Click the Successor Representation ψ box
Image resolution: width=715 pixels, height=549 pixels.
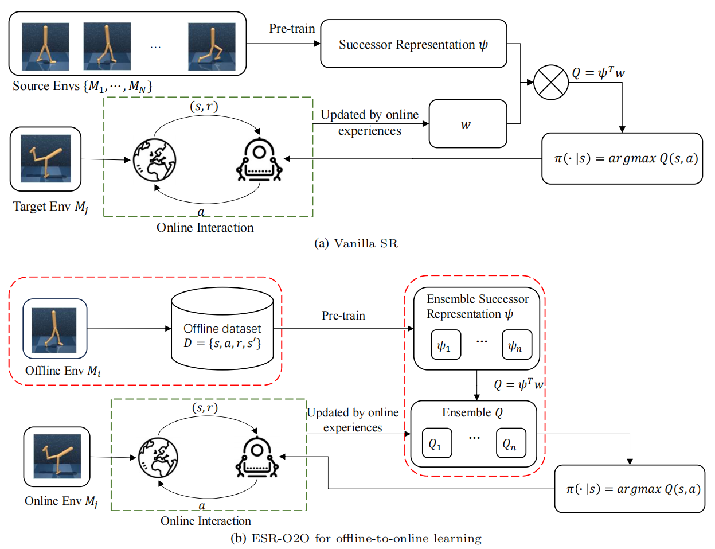[413, 44]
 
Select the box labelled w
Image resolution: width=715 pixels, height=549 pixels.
[468, 124]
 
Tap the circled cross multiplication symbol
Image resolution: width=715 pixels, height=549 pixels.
[550, 82]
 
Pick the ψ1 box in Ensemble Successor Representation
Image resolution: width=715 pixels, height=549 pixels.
[445, 345]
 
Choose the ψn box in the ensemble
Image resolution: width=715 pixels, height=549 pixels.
[516, 345]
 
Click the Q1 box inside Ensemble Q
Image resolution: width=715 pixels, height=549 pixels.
[436, 443]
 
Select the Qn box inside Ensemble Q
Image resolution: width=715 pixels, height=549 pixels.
[510, 443]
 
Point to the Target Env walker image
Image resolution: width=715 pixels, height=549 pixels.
[45, 159]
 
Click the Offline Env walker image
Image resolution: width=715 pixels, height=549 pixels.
[54, 329]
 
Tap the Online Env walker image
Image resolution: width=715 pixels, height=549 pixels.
[57, 457]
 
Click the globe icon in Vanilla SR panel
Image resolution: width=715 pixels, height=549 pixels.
[154, 159]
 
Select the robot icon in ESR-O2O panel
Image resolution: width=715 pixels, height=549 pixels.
[257, 458]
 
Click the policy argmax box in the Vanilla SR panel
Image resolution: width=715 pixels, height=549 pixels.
[622, 158]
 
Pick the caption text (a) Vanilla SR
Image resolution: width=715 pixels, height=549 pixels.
[355, 243]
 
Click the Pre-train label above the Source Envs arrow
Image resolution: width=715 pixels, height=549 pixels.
[292, 29]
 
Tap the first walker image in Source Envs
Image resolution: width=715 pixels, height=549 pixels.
[45, 46]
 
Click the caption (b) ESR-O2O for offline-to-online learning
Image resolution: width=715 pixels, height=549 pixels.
[355, 538]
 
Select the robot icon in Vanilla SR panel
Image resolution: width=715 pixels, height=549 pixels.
[259, 160]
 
